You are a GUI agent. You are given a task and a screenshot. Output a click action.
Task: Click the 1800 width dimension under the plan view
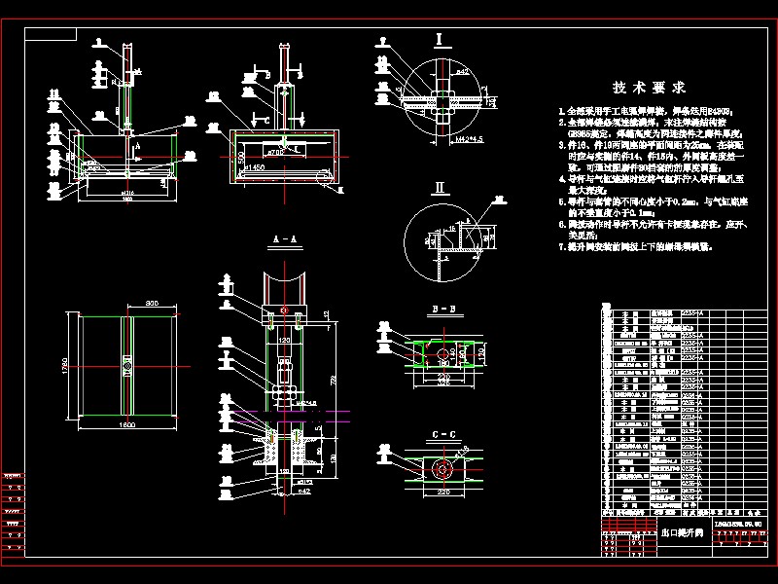(127, 425)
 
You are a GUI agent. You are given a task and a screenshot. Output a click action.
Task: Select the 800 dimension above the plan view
(152, 305)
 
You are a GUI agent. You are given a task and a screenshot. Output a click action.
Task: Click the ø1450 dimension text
(256, 167)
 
